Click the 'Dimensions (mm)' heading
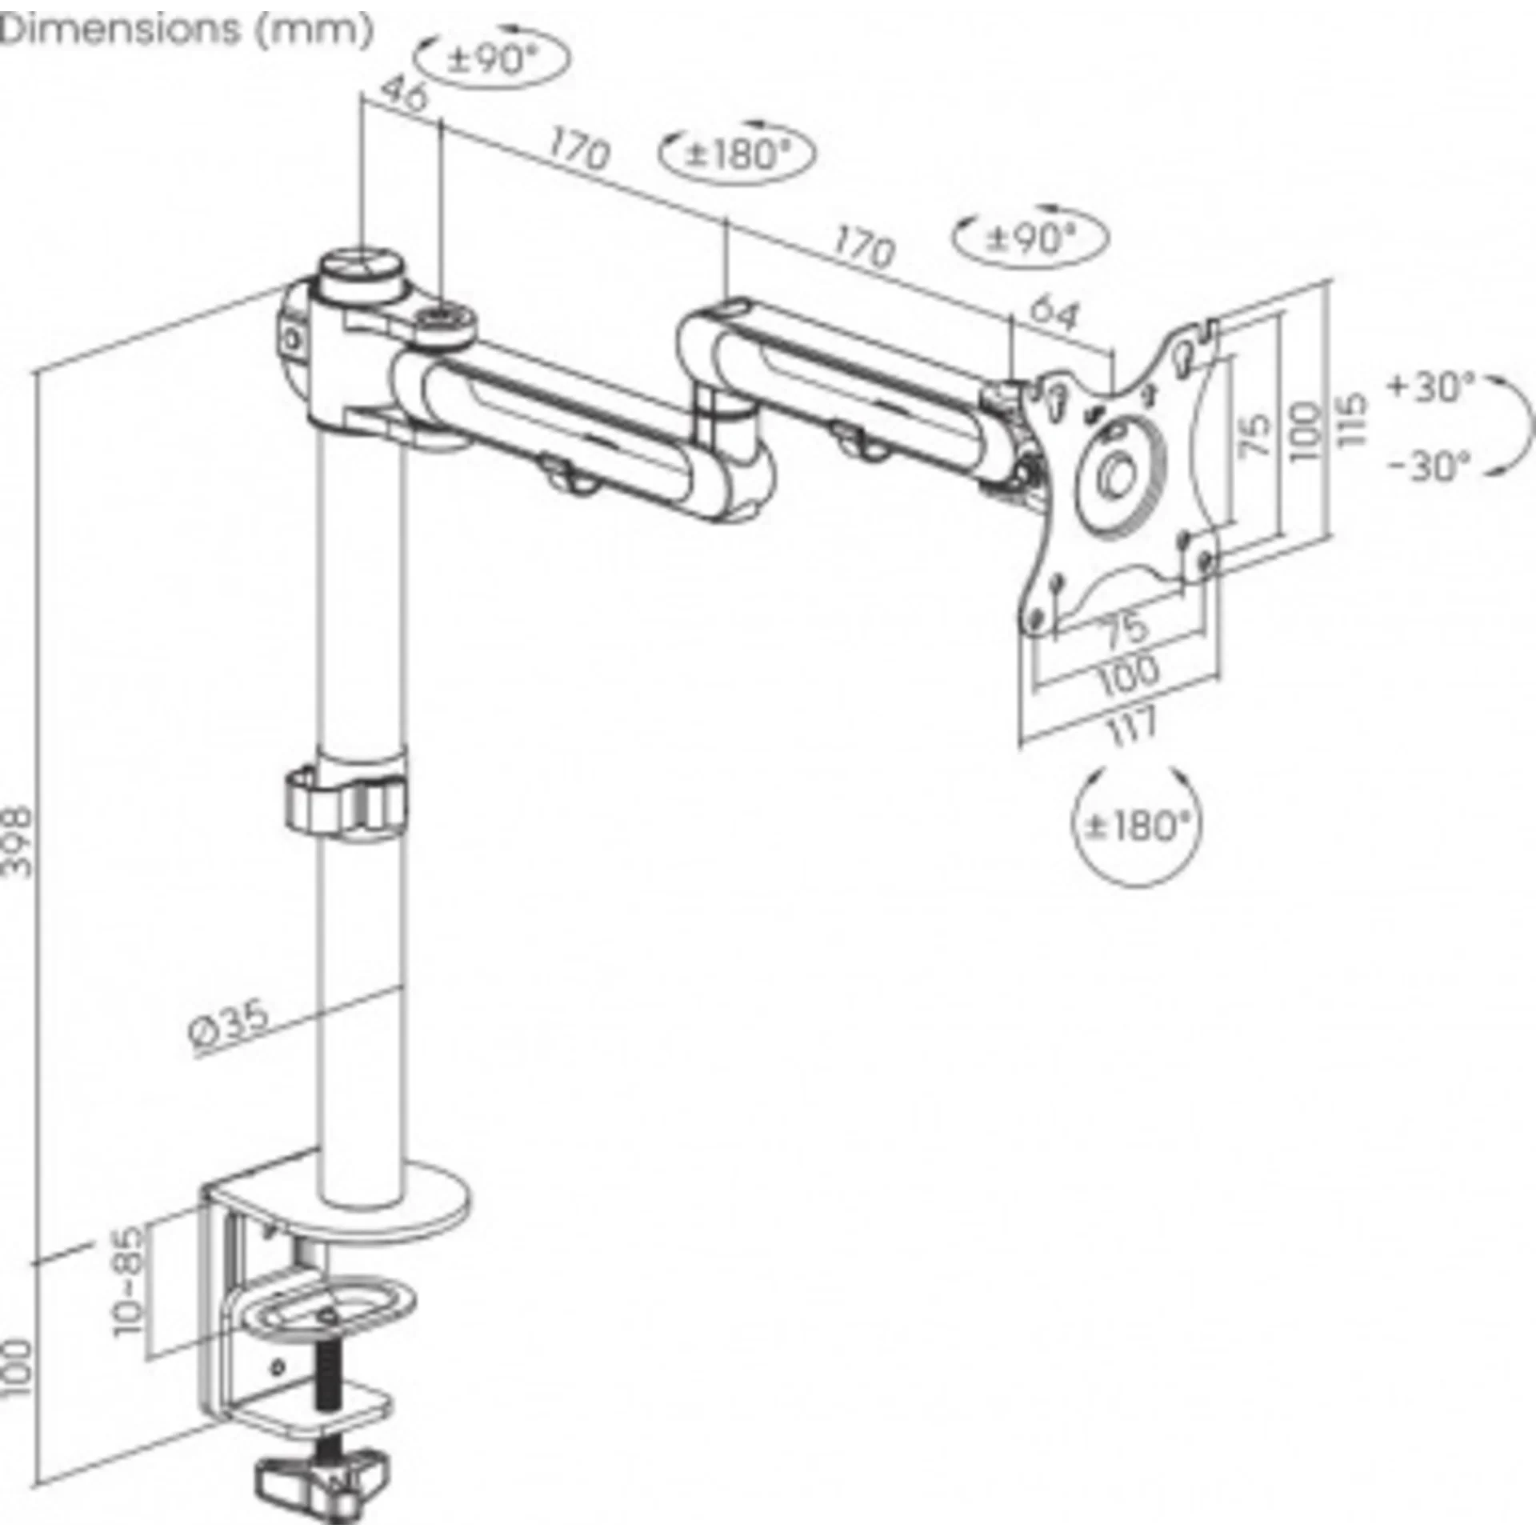click(x=187, y=30)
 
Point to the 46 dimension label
click(x=403, y=94)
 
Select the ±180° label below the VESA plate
click(x=1136, y=824)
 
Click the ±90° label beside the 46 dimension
click(x=494, y=58)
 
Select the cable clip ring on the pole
click(x=345, y=799)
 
